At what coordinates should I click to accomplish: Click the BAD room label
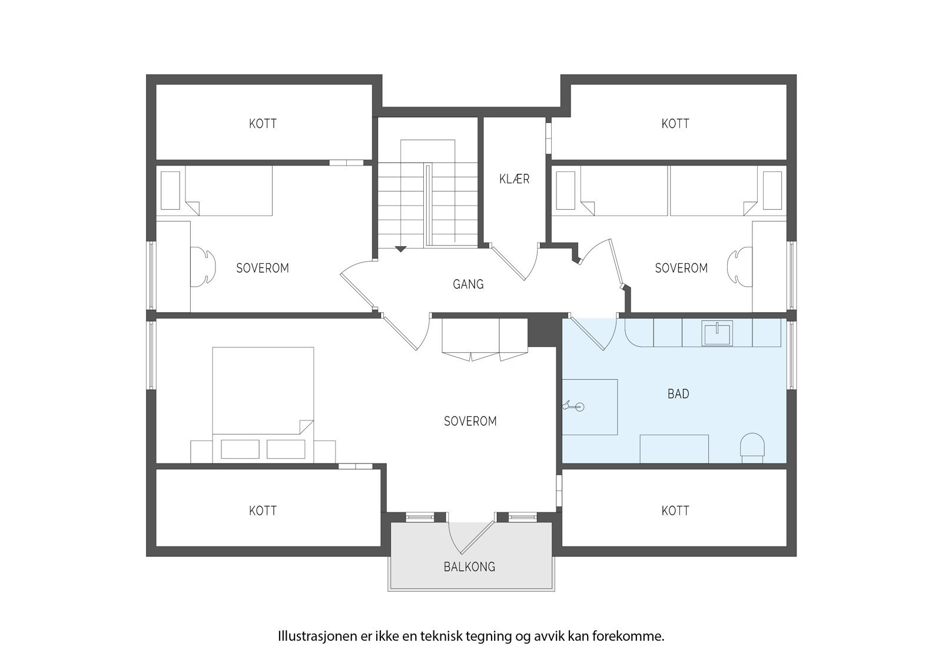(678, 394)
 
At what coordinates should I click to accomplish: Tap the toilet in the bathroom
(752, 446)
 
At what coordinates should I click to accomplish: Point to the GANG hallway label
(468, 284)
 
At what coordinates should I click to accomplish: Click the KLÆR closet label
(514, 179)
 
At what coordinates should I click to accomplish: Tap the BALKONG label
(469, 567)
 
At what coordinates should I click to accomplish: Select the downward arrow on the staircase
(400, 249)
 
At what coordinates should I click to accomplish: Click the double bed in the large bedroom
(263, 392)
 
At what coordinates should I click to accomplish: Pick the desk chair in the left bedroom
(202, 267)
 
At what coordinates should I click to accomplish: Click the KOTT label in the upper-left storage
(263, 124)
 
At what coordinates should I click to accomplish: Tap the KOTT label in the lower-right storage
(675, 511)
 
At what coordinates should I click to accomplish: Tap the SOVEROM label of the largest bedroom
(470, 422)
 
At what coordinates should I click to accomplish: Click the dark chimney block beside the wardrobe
(542, 332)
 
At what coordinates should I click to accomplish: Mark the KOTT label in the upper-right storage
(675, 124)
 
